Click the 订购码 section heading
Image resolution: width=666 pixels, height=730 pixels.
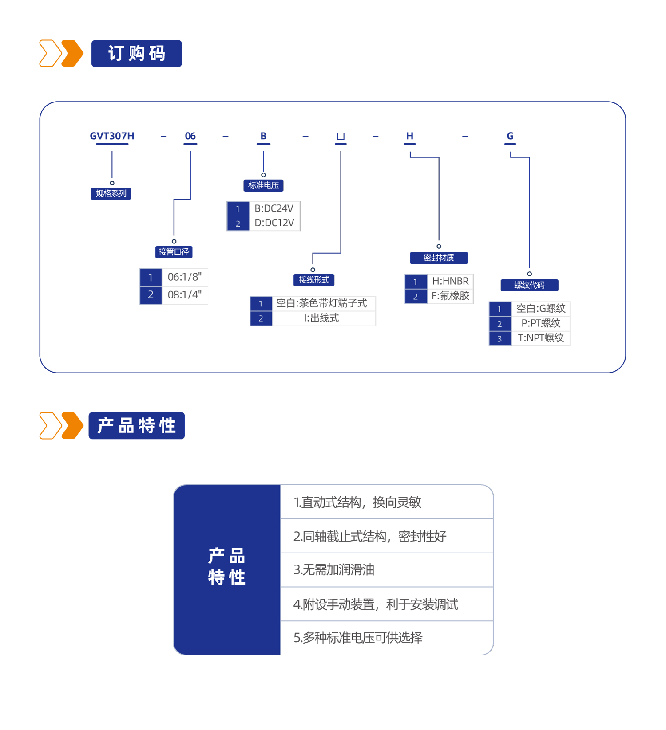136,54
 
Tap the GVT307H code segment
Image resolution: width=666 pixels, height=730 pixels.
112,136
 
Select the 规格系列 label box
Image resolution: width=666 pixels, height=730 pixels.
111,194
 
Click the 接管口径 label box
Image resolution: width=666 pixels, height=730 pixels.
174,252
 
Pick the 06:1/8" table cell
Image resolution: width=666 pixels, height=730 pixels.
185,277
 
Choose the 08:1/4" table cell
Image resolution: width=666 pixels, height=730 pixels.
185,295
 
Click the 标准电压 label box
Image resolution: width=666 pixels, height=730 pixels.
263,185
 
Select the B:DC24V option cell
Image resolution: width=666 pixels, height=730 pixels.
274,208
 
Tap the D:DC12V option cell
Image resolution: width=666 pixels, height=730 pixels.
274,223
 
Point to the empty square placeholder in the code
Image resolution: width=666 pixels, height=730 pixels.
341,136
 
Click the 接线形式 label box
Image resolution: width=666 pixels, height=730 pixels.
314,280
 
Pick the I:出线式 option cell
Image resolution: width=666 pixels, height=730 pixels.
322,318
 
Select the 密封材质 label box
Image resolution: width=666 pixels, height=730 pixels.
439,258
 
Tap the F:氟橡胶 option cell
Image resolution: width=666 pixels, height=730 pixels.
450,296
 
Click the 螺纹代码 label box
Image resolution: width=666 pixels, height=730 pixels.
529,285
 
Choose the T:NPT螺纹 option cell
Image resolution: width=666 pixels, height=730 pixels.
540,338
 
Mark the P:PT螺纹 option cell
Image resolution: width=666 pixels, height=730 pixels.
540,324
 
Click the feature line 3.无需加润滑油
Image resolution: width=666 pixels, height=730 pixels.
334,570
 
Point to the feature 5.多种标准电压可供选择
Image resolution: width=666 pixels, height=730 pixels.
358,638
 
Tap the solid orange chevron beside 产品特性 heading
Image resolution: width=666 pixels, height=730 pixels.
73,426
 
